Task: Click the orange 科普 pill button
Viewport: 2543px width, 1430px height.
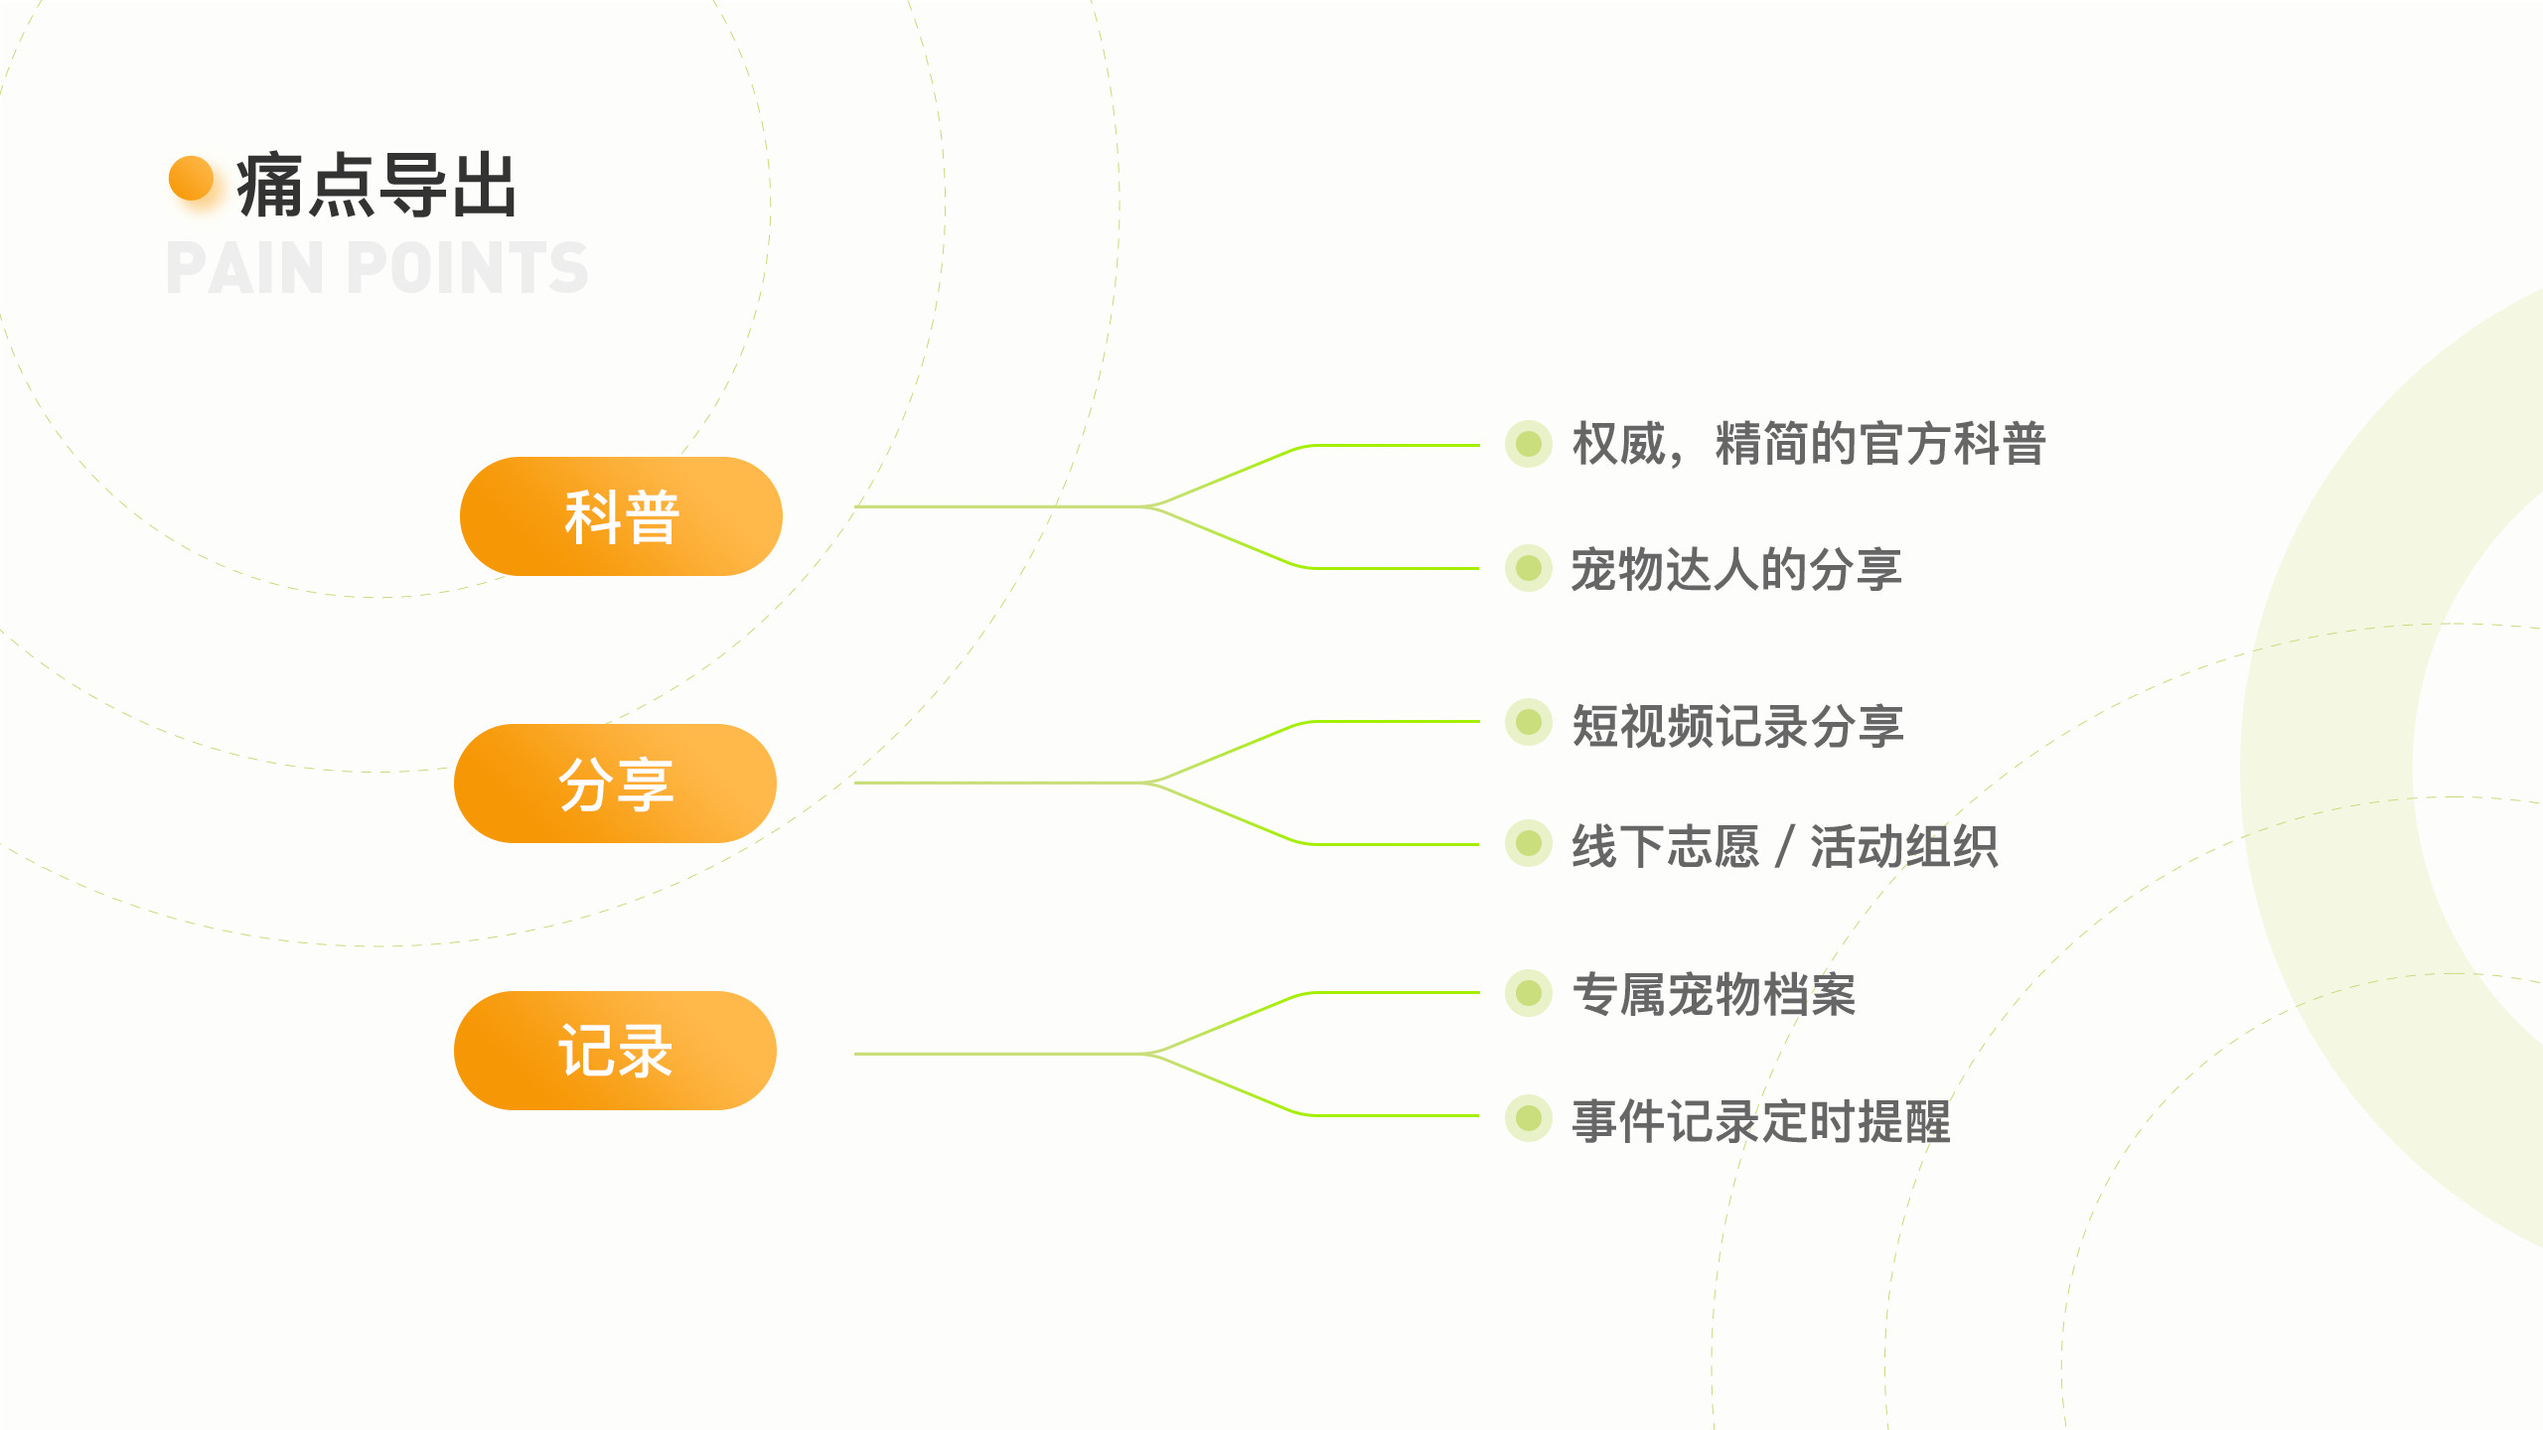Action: coord(621,516)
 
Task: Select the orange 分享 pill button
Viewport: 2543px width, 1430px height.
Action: coord(615,784)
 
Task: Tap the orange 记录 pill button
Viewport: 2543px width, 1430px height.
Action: coord(615,1051)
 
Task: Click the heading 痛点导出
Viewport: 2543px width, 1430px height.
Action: coord(376,185)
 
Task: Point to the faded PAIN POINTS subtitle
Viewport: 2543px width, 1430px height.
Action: coord(377,267)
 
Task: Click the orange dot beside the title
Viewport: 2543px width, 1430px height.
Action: coord(192,179)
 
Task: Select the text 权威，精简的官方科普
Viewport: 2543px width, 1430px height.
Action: coord(1809,443)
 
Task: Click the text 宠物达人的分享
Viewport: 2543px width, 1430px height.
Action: coord(1736,569)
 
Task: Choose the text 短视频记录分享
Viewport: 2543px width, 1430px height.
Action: coord(1737,725)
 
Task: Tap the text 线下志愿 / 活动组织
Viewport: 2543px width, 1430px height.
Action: coord(1785,846)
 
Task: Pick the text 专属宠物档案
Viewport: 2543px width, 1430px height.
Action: coord(1714,994)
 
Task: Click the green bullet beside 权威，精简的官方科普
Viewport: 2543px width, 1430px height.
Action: coord(1529,443)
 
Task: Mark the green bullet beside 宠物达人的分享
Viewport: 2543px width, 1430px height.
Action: coord(1529,568)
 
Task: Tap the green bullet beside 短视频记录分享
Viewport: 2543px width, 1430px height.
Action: coord(1529,722)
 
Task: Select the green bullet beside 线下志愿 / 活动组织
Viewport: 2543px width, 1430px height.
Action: coord(1529,843)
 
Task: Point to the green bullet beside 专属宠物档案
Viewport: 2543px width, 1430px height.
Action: coord(1529,993)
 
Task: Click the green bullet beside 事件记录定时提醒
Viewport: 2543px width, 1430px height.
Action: coord(1529,1118)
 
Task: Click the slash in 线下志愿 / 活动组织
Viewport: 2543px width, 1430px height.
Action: coord(1785,847)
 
